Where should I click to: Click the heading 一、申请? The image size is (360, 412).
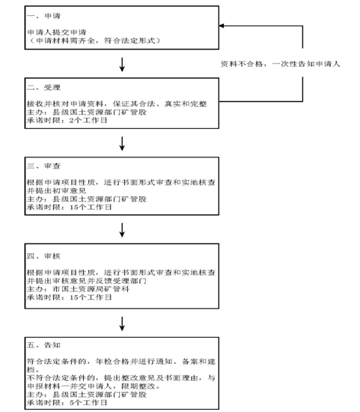(43, 16)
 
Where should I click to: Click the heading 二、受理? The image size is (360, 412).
(43, 87)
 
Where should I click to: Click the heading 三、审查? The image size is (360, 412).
(43, 166)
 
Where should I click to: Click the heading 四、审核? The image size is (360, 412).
(43, 256)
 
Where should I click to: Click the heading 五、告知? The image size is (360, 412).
(43, 345)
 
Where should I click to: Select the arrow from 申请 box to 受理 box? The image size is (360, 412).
(122, 64)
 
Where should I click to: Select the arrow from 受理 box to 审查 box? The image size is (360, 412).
(122, 144)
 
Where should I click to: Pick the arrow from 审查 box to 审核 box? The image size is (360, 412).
(122, 230)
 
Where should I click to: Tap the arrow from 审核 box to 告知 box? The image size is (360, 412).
(122, 324)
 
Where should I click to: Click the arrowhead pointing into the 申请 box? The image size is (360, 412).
(221, 25)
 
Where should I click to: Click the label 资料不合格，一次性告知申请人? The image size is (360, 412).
(280, 64)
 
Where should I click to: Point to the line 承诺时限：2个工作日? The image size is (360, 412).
(67, 121)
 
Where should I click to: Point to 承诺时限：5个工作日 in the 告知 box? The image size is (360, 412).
(67, 402)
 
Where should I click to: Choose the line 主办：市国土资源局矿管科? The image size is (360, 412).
(78, 289)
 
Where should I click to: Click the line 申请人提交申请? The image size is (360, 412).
(57, 32)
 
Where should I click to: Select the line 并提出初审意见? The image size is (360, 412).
(56, 190)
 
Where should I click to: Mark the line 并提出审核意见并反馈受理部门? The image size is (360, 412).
(87, 281)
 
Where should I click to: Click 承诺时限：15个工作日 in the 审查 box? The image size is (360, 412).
(70, 207)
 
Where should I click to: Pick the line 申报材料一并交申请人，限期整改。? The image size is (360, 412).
(94, 387)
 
